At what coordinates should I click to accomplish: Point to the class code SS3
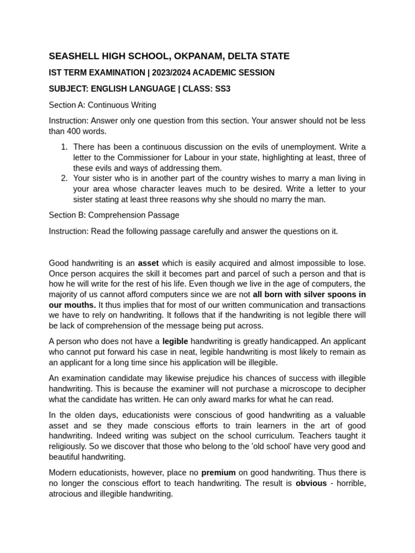[x=222, y=89]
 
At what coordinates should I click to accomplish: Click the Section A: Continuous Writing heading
[x=103, y=105]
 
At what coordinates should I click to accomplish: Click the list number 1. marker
[x=64, y=147]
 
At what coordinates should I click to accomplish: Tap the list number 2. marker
[x=64, y=178]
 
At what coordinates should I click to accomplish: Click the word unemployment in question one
[x=303, y=147]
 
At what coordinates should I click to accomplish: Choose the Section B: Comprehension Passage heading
[x=114, y=215]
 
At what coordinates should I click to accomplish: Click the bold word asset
[x=149, y=263]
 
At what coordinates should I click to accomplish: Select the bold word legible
[x=175, y=341]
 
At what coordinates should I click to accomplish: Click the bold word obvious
[x=311, y=483]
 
